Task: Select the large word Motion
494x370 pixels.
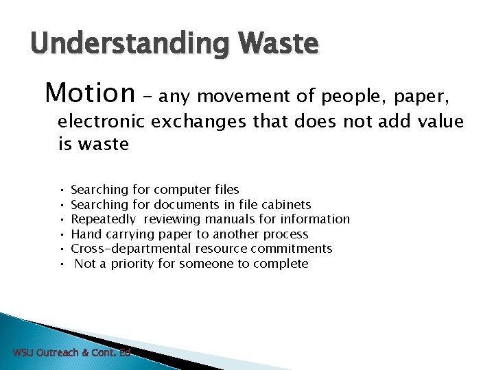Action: [x=89, y=91]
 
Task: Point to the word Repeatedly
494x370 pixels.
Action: [x=103, y=219]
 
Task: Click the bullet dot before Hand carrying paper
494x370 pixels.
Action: [x=62, y=234]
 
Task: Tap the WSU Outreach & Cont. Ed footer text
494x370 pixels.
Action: [x=71, y=353]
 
